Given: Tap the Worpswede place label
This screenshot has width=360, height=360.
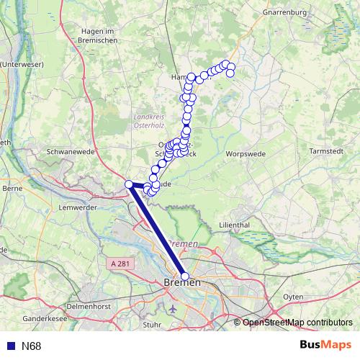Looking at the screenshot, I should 246,154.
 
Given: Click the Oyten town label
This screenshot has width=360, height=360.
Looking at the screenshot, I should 293,296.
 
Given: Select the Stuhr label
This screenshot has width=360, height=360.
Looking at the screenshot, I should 152,324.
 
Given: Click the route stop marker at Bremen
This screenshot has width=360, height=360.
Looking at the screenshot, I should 185,276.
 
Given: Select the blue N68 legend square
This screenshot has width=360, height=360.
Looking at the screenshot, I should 11,346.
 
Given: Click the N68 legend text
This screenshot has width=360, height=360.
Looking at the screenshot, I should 32,346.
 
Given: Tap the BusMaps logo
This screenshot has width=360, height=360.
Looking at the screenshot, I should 325,346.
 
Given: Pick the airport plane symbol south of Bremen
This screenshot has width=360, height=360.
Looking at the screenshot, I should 174,309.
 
